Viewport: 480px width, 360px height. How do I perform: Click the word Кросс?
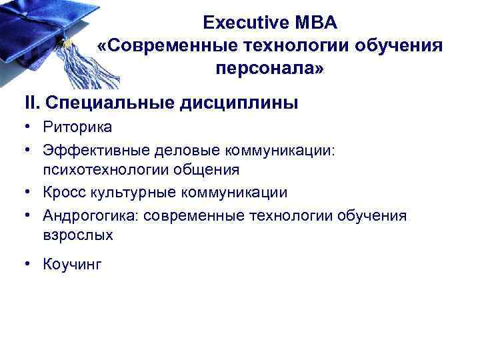63,193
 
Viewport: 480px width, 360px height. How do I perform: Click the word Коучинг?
72,265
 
